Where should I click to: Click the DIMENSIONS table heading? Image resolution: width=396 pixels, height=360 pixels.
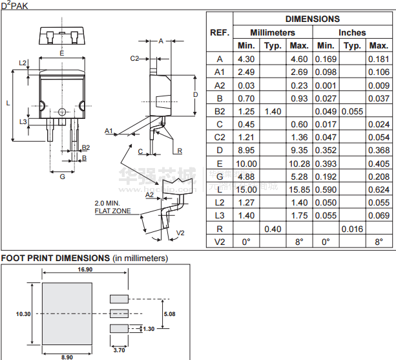[x=313, y=19]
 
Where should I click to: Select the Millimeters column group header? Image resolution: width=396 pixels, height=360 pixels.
[x=273, y=32]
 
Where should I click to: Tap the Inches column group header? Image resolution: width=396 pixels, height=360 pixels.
[x=352, y=32]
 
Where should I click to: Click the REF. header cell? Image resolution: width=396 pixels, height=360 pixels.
[x=220, y=32]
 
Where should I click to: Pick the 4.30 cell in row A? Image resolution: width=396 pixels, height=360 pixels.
[x=246, y=59]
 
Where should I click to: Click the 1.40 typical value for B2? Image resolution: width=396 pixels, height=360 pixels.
[x=273, y=111]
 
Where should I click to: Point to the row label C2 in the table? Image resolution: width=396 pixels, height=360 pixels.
[x=220, y=137]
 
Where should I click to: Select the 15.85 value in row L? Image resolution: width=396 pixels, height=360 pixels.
[x=299, y=189]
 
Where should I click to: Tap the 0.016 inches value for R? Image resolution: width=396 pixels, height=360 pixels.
[x=352, y=229]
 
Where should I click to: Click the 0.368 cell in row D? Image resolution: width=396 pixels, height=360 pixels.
[x=379, y=151]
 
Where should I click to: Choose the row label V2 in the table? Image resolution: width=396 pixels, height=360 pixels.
[x=220, y=242]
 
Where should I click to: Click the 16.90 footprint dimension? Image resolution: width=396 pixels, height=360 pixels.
[x=85, y=270]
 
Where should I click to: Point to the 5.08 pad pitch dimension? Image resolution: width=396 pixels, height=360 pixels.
[x=169, y=314]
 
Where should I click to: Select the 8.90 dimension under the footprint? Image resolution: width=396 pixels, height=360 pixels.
[x=67, y=357]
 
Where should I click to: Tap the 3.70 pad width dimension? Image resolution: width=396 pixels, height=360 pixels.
[x=119, y=350]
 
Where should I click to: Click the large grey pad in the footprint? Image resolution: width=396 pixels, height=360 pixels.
[x=67, y=313]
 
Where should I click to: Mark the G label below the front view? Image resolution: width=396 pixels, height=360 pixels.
[x=63, y=176]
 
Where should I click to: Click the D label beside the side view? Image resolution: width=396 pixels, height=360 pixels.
[x=196, y=95]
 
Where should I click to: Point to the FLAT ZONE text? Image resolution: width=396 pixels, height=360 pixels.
[x=112, y=211]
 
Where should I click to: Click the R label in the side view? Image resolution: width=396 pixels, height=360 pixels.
[x=180, y=151]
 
